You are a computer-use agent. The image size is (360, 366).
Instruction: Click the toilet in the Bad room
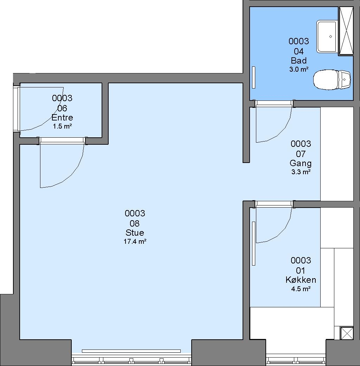[x=332, y=80]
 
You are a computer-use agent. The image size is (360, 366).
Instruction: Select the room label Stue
[x=135, y=233]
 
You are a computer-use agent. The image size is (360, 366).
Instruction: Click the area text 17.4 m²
[x=135, y=241]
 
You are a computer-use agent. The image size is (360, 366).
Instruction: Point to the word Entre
[x=62, y=117]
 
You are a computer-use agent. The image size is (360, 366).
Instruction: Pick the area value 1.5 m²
[x=62, y=126]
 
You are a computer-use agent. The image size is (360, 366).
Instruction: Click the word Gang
[x=301, y=163]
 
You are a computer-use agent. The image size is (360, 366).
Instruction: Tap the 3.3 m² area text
[x=301, y=172]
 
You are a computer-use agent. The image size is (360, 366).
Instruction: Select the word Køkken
[x=301, y=280]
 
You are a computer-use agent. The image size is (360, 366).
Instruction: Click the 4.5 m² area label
[x=301, y=289]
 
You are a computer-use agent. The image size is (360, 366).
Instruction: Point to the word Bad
[x=299, y=61]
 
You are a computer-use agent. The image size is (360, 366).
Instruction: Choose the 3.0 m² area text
[x=299, y=69]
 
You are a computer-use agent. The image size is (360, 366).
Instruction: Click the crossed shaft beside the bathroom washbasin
[x=346, y=31]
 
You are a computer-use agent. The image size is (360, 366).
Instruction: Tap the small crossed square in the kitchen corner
[x=347, y=333]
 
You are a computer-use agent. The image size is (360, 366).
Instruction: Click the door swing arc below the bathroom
[x=283, y=131]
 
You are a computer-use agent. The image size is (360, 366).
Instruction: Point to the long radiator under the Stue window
[x=131, y=351]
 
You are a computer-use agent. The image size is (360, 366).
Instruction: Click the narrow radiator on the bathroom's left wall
[x=254, y=78]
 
